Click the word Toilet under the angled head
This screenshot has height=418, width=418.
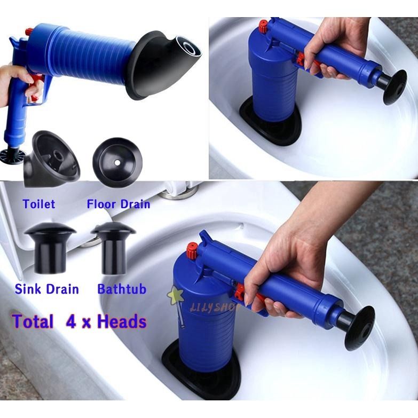38,204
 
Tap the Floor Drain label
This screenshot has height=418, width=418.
119,204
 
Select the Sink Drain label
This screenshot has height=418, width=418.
46,289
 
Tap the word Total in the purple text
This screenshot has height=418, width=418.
33,321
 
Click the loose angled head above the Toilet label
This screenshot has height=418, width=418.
51,157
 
